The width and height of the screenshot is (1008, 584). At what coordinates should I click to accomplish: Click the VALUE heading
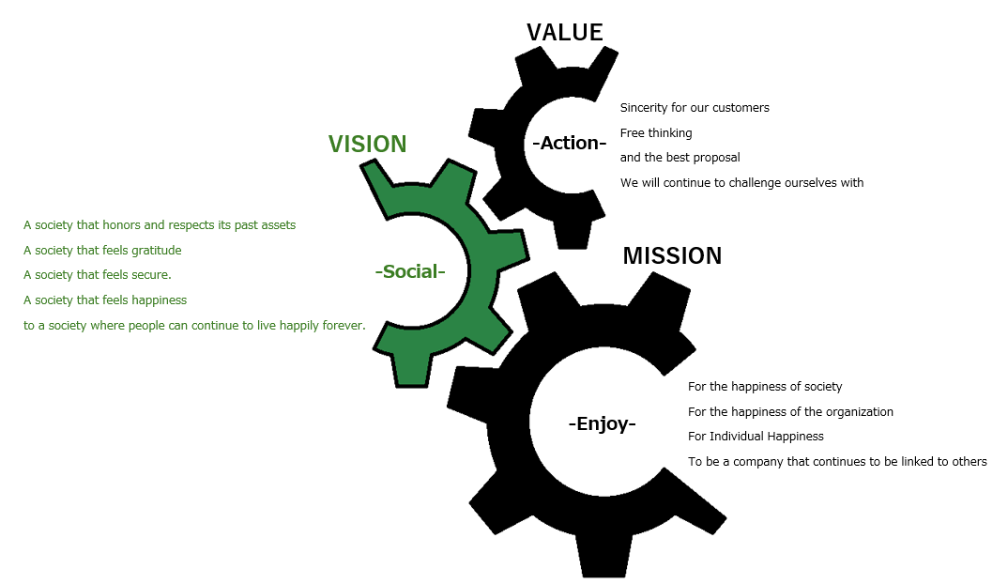pos(564,32)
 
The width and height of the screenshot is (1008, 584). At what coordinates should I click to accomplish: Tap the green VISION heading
pos(367,144)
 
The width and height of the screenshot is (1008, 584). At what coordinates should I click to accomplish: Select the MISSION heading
pos(672,255)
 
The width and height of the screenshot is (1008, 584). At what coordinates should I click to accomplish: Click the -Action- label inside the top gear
pos(569,144)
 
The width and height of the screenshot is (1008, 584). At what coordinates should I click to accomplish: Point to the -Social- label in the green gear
pos(409,272)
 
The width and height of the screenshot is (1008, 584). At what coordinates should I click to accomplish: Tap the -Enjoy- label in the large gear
pos(602,424)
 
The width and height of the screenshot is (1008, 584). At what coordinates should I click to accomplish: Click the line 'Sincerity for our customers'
pos(695,108)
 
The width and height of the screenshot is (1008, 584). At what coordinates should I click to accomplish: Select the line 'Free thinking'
pos(656,133)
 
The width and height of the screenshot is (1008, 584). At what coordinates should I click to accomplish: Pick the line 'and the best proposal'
pos(680,158)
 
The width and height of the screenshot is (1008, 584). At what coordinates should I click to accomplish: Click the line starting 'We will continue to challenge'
pos(741,183)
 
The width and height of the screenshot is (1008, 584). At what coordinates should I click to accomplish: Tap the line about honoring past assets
pos(160,225)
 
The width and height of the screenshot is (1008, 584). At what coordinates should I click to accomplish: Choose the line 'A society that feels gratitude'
pos(102,251)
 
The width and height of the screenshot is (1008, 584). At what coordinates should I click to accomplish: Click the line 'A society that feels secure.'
pos(98,275)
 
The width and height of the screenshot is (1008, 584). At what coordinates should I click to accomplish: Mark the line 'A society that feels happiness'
pos(105,300)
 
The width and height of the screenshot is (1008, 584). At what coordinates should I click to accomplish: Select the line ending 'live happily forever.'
pos(194,326)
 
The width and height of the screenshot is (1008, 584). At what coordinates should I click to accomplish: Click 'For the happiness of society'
pos(765,387)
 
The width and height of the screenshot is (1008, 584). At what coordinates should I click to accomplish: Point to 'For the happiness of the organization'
pos(790,412)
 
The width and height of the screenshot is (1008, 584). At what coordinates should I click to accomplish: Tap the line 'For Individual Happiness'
pos(756,437)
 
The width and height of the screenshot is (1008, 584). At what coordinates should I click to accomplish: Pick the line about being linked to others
pos(837,462)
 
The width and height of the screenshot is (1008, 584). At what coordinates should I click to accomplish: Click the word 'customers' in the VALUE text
pos(741,108)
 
